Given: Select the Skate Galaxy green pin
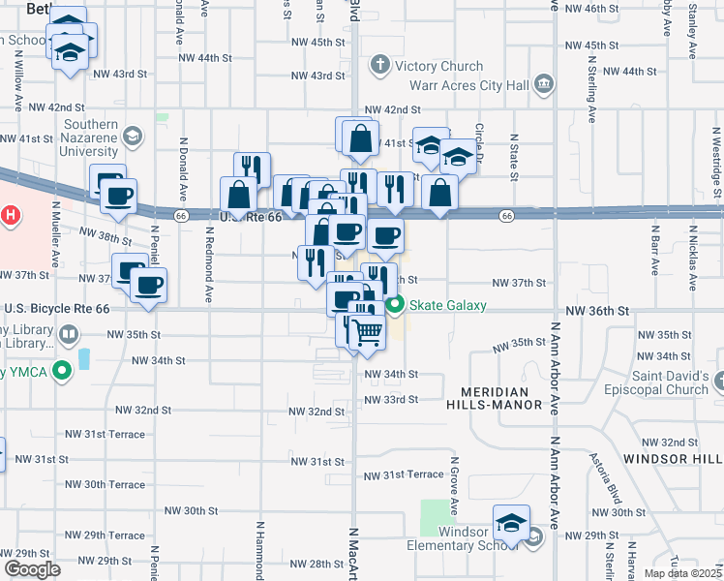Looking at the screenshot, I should (395, 305).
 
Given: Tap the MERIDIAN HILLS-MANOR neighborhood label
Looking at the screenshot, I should (495, 397).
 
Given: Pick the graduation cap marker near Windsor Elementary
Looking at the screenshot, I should (511, 524).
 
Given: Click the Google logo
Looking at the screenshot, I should (32, 568).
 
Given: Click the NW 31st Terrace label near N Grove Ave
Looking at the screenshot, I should (404, 475).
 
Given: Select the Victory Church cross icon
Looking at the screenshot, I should (379, 67).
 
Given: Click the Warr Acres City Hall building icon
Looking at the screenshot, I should (543, 85).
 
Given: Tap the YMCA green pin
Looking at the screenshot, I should (62, 370).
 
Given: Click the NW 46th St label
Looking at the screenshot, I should (618, 9).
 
